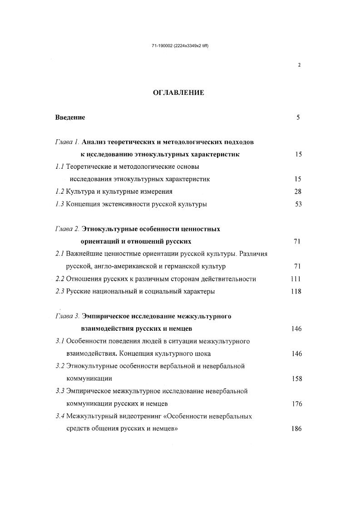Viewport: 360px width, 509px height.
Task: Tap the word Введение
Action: coord(70,117)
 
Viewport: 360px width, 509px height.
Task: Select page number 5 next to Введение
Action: coord(298,117)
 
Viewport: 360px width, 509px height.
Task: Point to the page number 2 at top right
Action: coord(299,65)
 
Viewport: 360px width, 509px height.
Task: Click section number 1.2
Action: coord(60,191)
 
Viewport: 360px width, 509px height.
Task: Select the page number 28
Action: coord(298,191)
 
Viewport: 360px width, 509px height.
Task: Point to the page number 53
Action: coord(298,204)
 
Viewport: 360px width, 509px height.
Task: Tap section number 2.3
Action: coord(60,291)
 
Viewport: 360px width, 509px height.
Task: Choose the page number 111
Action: coord(296,279)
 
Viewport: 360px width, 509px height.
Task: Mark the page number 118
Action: coord(296,291)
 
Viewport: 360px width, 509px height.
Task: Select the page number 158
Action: coord(297,379)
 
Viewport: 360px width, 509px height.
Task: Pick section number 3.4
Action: coord(60,416)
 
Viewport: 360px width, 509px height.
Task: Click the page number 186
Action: coord(297,429)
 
